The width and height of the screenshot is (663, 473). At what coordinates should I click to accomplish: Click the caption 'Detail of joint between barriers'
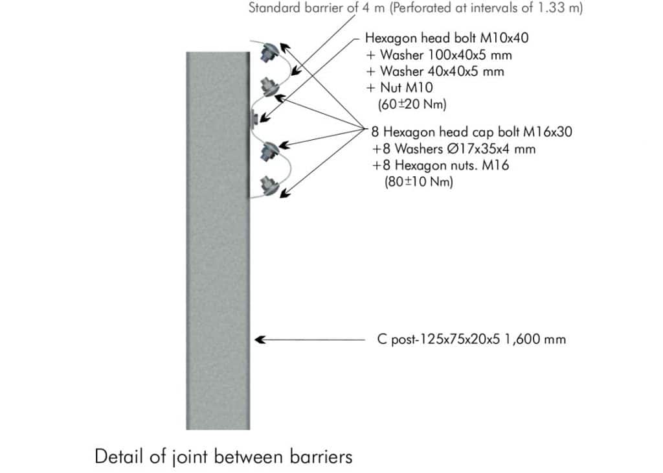[x=223, y=457]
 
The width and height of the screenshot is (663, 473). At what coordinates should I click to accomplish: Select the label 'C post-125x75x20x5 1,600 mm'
[x=471, y=340]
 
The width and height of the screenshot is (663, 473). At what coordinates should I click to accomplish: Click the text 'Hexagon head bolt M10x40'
[x=447, y=38]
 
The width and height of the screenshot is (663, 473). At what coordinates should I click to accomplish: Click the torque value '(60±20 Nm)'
[x=412, y=104]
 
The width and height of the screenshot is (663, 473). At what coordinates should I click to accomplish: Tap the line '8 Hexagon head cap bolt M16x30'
[x=471, y=132]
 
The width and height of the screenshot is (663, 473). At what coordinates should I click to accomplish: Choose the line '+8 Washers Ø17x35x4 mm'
[x=454, y=149]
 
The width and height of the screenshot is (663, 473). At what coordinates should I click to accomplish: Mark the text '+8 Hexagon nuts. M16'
[x=440, y=165]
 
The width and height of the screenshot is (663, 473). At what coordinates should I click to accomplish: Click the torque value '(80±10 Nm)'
[x=419, y=182]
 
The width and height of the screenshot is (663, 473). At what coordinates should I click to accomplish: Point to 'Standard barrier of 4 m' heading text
[x=316, y=8]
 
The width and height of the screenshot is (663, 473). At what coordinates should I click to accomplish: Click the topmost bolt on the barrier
[x=269, y=52]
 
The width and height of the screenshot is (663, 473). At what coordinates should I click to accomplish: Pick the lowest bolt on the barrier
[x=269, y=185]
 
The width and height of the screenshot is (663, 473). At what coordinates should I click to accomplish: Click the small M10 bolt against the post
[x=253, y=117]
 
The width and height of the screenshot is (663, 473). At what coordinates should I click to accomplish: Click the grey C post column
[x=218, y=241]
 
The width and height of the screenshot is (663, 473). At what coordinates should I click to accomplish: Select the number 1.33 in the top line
[x=552, y=8]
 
